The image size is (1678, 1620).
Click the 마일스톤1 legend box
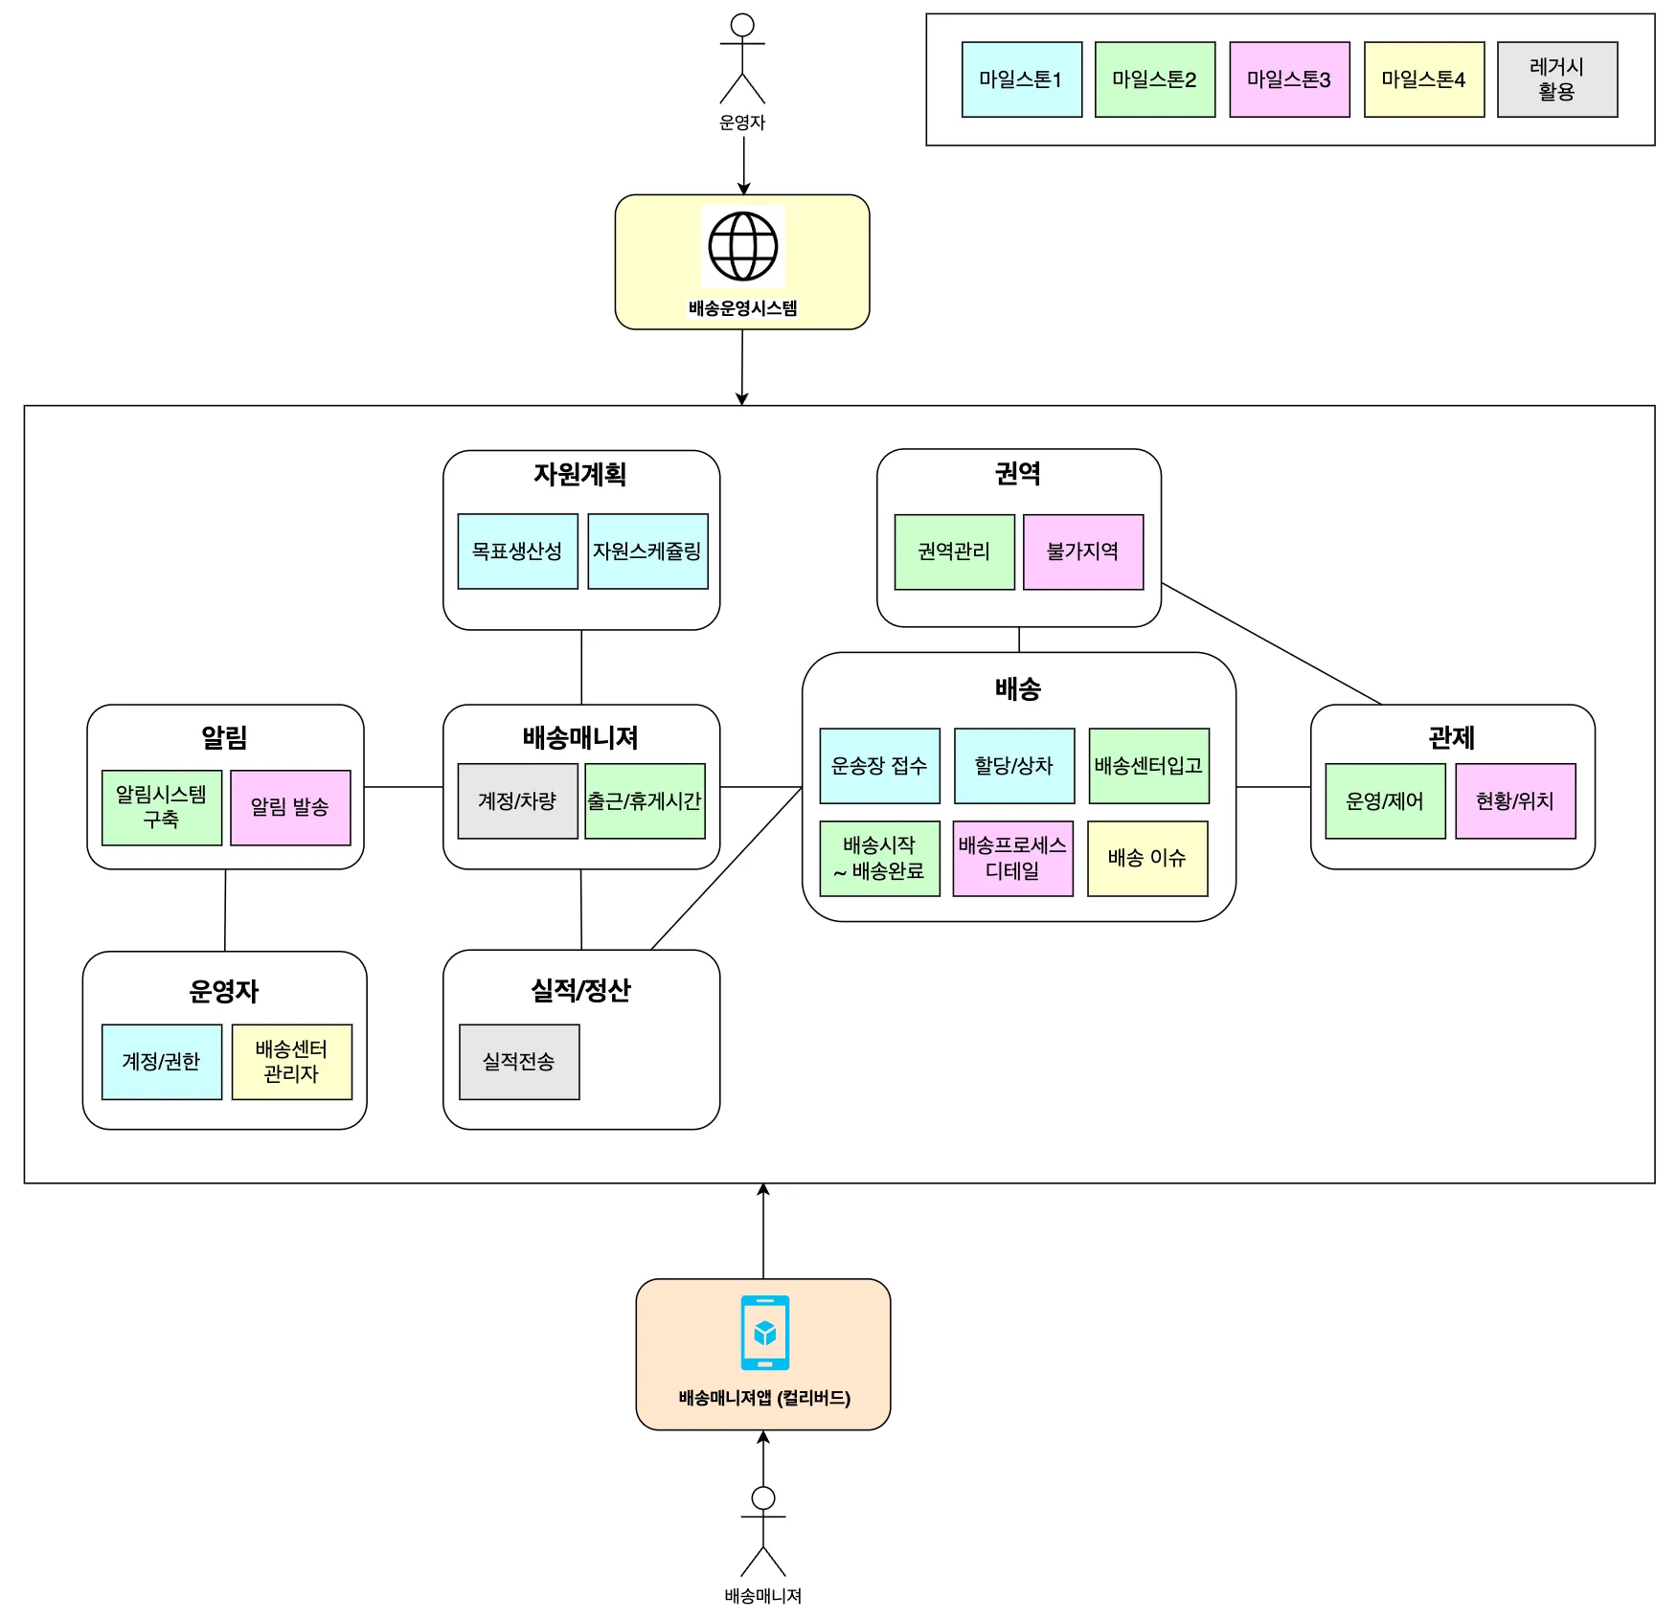coord(1022,79)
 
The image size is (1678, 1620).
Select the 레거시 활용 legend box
coord(1557,79)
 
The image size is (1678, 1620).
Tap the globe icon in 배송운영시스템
coord(743,246)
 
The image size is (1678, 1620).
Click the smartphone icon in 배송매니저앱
coord(765,1333)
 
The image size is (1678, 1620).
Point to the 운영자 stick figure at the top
coord(742,59)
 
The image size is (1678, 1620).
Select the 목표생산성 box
coord(518,551)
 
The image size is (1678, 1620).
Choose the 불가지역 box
coord(1083,551)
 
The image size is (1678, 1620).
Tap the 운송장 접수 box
coord(880,766)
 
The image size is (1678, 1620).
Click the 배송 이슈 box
coord(1147,859)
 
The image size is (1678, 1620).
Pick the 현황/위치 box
coord(1515,801)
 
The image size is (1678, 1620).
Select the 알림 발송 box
coord(290,807)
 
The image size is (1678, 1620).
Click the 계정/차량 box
coord(518,801)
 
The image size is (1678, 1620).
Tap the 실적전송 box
coord(519,1062)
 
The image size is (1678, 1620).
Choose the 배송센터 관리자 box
coord(292,1062)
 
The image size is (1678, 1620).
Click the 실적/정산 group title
coord(581,990)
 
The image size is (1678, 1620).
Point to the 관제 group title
coord(1452,737)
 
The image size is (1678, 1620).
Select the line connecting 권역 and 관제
coord(1272,643)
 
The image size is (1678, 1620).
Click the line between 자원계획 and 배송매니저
coord(581,667)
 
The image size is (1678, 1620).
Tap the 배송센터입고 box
coord(1149,766)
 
